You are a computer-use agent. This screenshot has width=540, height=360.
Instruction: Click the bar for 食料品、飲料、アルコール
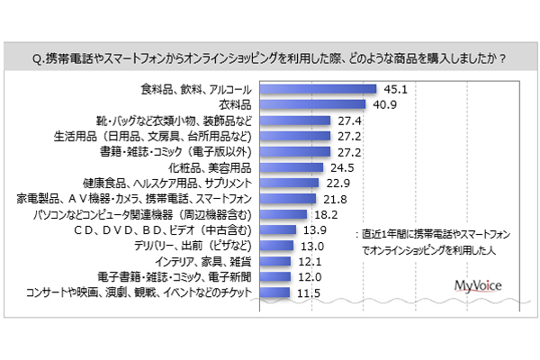coord(315,89)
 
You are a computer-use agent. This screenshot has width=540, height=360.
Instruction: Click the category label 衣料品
coord(236,103)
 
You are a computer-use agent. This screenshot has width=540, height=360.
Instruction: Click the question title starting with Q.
coord(269,60)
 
